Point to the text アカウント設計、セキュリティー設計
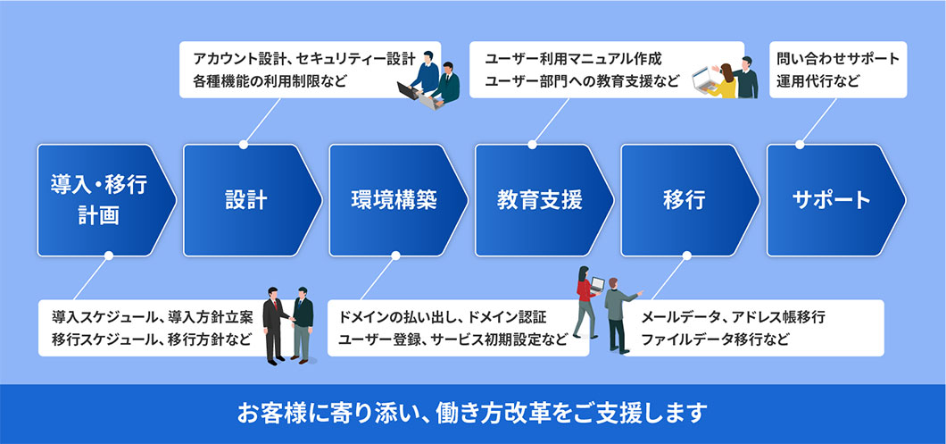tap(303, 60)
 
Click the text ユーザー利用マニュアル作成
tap(574, 60)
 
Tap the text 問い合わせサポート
tap(838, 60)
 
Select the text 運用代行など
tap(819, 81)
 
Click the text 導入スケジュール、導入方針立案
tap(153, 317)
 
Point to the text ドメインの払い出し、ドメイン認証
tap(443, 317)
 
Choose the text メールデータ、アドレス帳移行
tap(733, 317)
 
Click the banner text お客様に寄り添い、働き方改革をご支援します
tap(472, 414)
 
